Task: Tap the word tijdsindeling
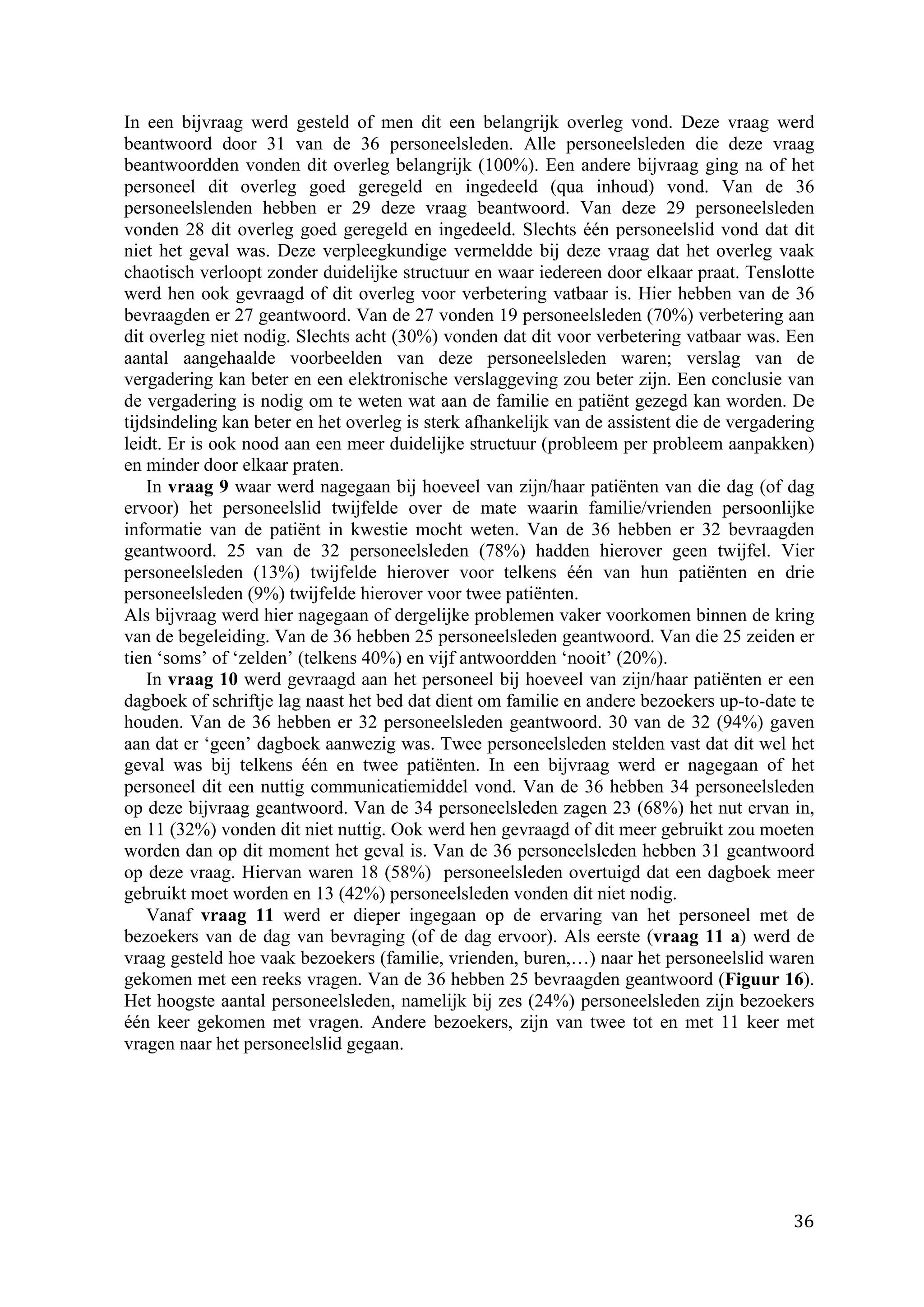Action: (x=171, y=423)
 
